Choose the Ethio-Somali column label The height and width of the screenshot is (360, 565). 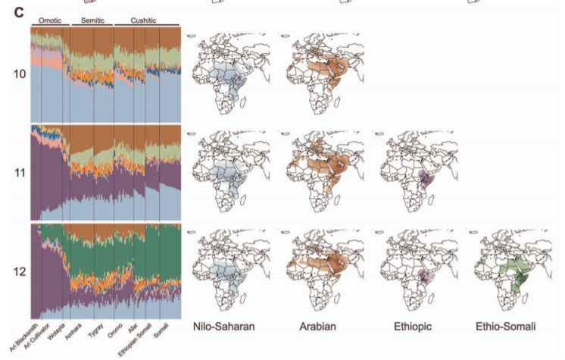click(505, 327)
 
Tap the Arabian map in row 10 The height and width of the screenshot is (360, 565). click(320, 74)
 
